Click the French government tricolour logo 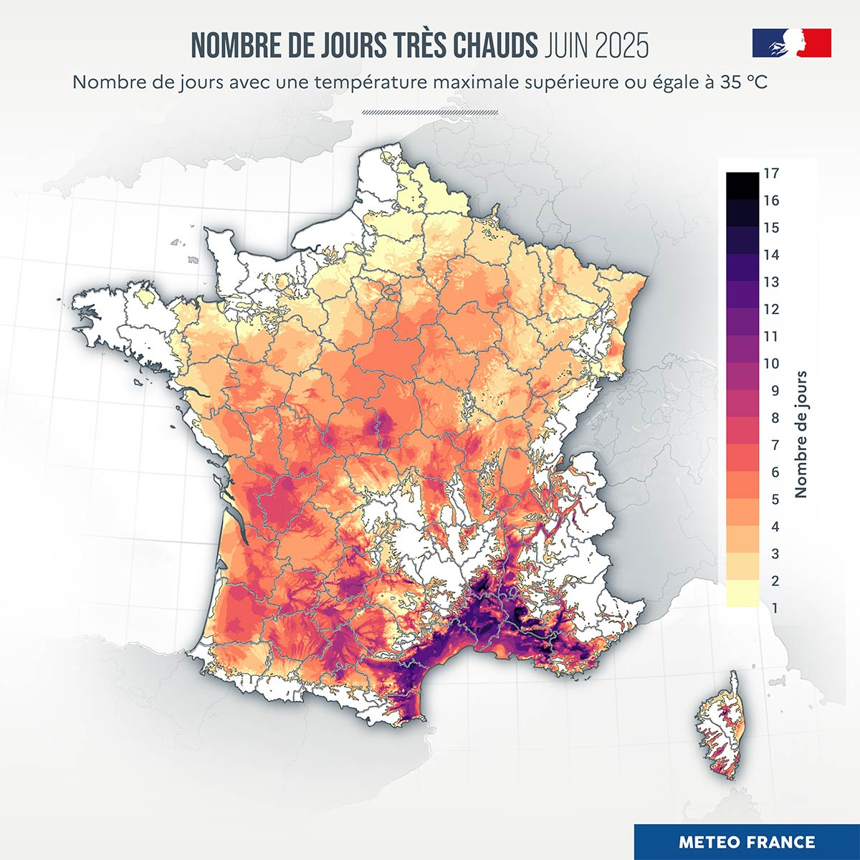pyautogui.click(x=791, y=43)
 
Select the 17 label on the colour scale pyautogui.click(x=771, y=173)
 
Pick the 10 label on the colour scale pyautogui.click(x=771, y=363)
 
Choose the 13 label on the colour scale pyautogui.click(x=771, y=282)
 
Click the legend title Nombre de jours pyautogui.click(x=801, y=434)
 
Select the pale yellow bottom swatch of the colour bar pyautogui.click(x=742, y=595)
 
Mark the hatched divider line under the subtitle pyautogui.click(x=430, y=112)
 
